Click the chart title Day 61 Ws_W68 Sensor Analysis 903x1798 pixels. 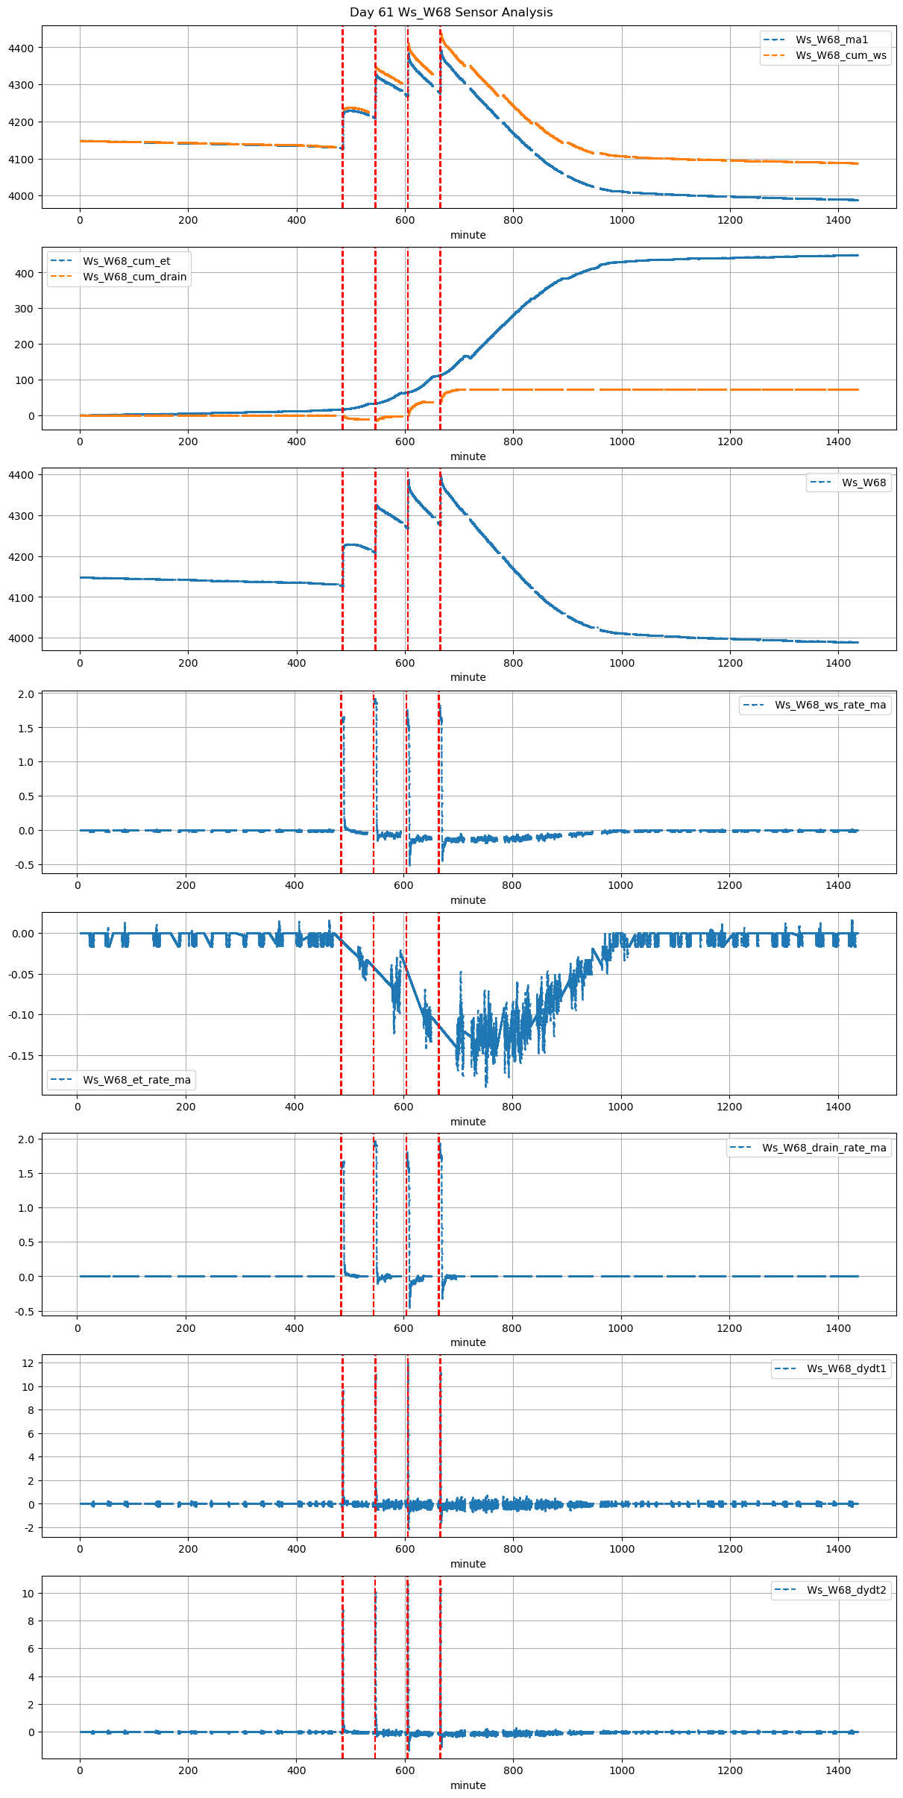[451, 12]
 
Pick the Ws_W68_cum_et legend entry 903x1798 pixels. [126, 261]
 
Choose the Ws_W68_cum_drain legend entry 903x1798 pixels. [134, 277]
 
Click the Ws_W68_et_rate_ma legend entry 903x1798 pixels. [136, 1080]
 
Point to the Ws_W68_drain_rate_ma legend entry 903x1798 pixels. [824, 1148]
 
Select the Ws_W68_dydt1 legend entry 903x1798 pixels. [846, 1368]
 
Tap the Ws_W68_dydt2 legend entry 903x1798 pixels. [846, 1590]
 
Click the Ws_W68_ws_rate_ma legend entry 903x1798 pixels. [830, 705]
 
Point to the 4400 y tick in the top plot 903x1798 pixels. [21, 48]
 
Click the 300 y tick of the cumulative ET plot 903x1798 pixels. [25, 309]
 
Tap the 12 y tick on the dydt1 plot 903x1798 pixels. [29, 1362]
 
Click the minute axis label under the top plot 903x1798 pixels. [468, 235]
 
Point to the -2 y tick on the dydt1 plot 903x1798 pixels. [29, 1528]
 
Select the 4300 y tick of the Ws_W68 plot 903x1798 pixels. [21, 516]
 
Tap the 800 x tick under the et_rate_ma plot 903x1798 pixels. [512, 1107]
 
